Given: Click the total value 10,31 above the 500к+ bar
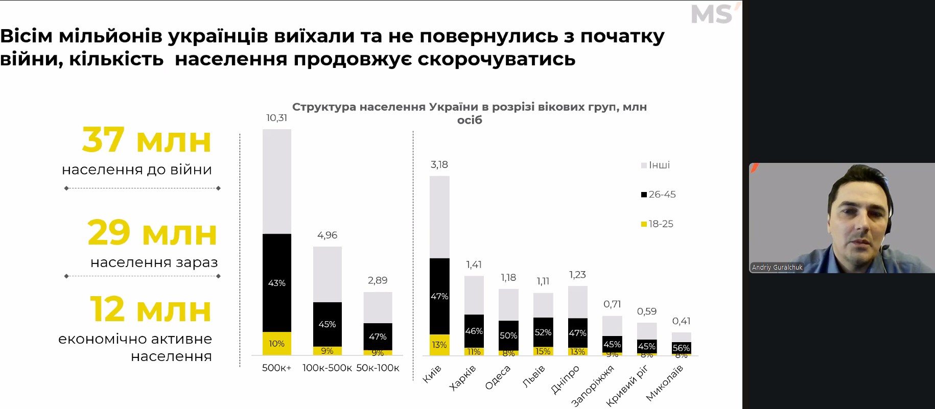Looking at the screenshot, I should (x=276, y=118).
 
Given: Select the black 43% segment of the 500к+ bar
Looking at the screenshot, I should (x=277, y=283).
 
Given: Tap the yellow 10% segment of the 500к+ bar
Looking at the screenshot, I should (x=277, y=344).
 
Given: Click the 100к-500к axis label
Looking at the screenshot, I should (x=327, y=368).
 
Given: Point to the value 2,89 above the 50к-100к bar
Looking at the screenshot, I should (x=378, y=280).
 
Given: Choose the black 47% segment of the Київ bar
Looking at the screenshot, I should (x=439, y=296).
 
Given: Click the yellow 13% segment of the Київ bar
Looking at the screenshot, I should (x=439, y=345).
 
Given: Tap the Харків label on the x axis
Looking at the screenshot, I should (x=462, y=378).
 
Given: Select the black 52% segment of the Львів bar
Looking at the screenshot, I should (x=543, y=332).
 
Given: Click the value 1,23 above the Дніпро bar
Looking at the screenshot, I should (x=577, y=275).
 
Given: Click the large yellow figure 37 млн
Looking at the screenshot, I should (x=147, y=140).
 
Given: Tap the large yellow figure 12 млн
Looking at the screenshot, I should (x=151, y=309).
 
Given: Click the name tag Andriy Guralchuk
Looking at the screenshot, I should (x=777, y=267).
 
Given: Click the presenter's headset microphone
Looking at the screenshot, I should (x=885, y=248).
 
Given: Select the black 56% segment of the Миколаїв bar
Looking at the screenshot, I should (x=681, y=348).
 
